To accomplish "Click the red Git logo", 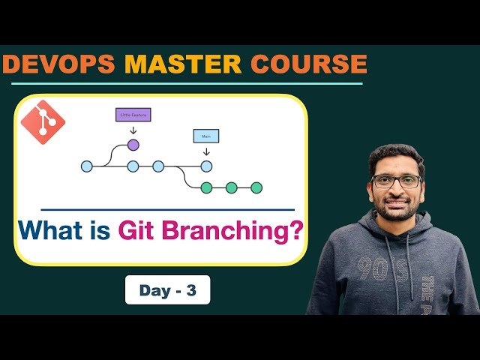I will (x=43, y=121).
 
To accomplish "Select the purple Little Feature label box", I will (x=133, y=115).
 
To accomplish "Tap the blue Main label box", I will (x=206, y=136).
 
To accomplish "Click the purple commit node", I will (x=133, y=144).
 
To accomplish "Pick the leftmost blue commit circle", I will (x=87, y=166).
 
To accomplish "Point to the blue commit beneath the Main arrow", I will (x=206, y=166).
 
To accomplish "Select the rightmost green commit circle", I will (x=256, y=187).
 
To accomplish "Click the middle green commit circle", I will (x=232, y=187).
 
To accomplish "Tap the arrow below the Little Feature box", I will (x=133, y=129).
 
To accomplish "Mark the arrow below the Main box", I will (x=206, y=151).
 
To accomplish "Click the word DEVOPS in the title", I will (x=59, y=64).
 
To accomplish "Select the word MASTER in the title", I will (x=185, y=64).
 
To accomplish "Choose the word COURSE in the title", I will (x=310, y=64).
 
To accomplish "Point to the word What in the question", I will (x=51, y=229).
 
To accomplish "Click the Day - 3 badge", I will (x=167, y=290).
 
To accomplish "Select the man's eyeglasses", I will (x=396, y=181).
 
